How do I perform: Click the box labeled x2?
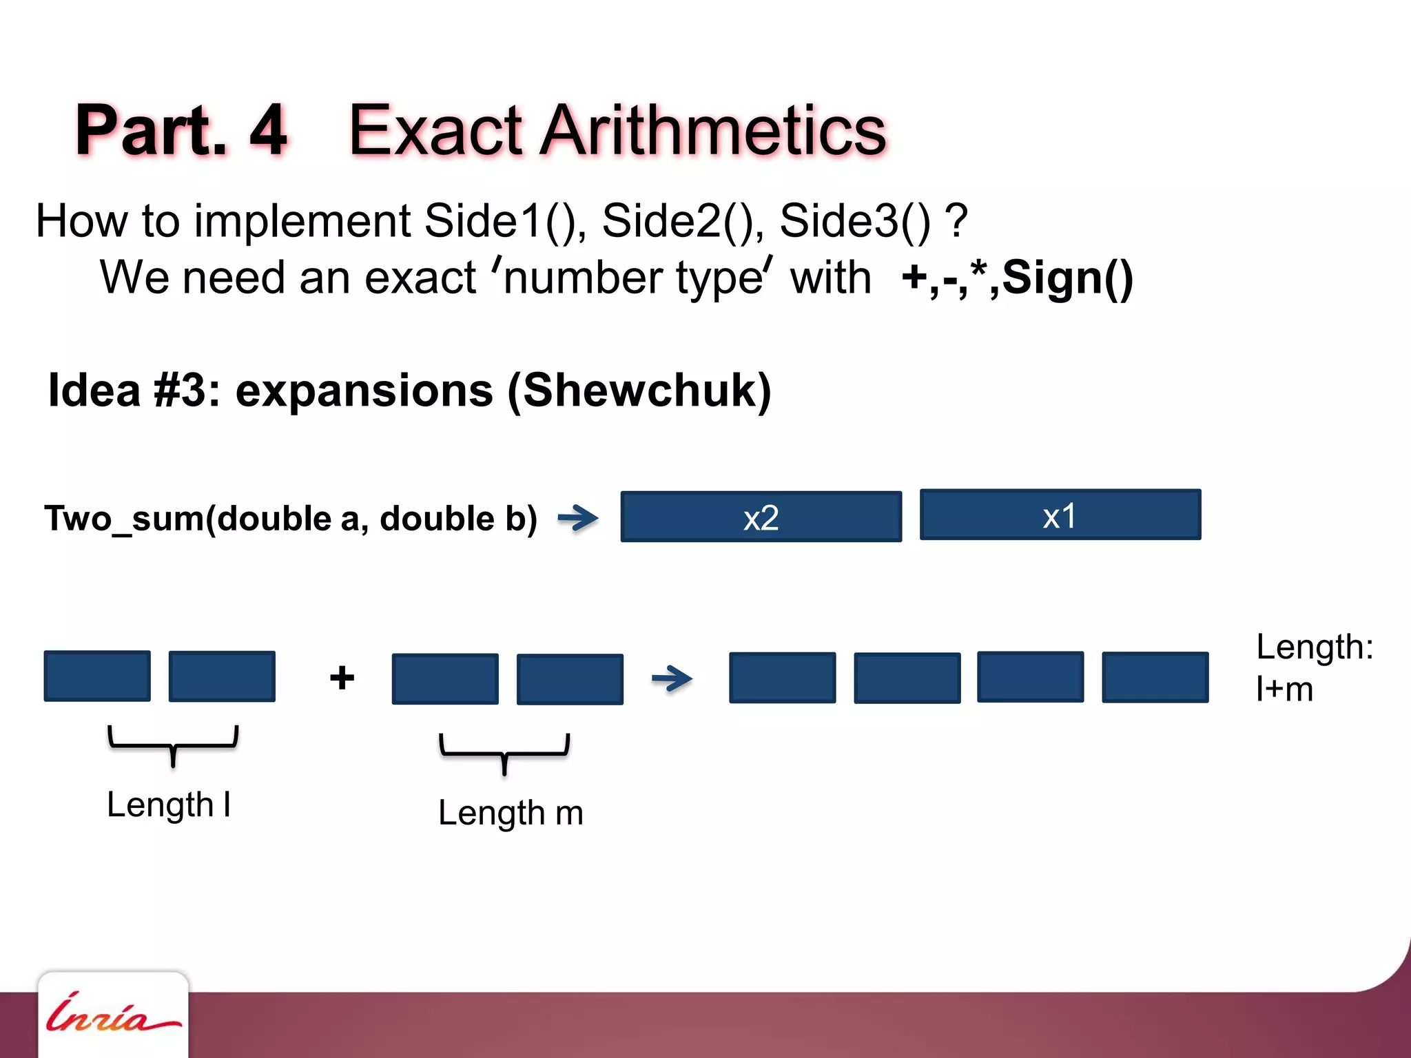click(761, 517)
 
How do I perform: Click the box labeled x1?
click(1060, 515)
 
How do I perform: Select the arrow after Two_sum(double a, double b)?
click(578, 518)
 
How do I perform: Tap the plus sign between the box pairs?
click(342, 678)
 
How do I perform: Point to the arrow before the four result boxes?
click(672, 678)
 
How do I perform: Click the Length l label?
click(169, 805)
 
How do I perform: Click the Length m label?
click(511, 813)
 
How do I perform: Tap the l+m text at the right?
click(1284, 689)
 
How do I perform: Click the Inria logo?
click(112, 1014)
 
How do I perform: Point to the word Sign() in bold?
click(1067, 278)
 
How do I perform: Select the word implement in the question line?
click(302, 221)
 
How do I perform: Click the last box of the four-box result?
click(1155, 677)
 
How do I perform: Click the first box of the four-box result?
click(782, 678)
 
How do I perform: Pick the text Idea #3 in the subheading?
click(127, 391)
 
